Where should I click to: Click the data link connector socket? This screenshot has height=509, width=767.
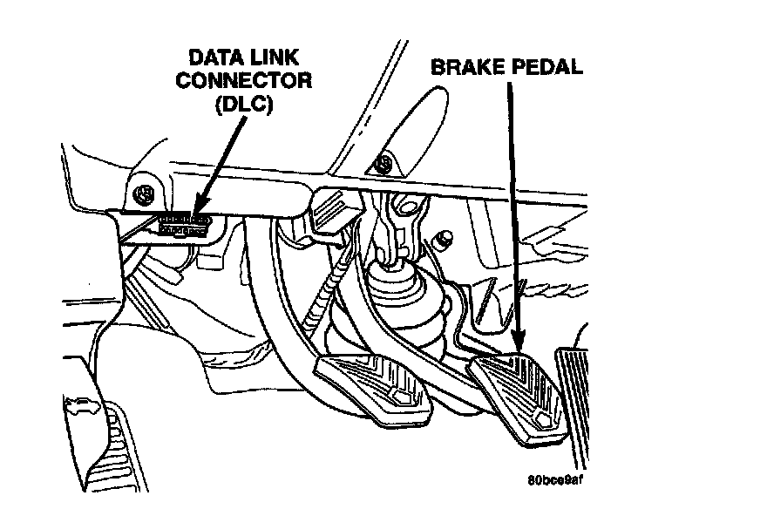click(182, 226)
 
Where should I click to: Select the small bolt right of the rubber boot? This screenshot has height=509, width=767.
click(445, 236)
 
